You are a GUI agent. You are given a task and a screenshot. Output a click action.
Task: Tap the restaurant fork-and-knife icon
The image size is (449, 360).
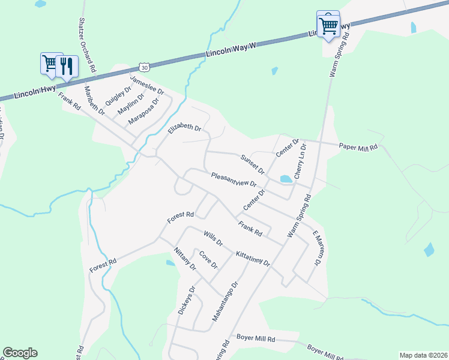coord(68,65)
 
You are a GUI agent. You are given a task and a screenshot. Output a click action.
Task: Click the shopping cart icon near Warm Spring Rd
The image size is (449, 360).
coord(328,26)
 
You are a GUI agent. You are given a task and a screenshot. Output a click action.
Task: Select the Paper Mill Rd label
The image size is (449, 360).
coord(358,146)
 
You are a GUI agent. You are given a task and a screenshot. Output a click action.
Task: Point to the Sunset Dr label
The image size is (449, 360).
coord(252,163)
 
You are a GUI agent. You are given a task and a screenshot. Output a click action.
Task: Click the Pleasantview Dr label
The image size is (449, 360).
coord(234,180)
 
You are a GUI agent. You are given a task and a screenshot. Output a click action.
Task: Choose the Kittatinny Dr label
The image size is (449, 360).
coord(253,259)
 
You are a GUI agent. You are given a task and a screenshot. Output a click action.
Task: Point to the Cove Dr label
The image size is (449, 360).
coord(208,259)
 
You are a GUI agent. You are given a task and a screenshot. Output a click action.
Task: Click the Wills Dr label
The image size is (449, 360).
coord(213,239)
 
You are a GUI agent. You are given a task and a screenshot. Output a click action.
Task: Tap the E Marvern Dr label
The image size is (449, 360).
coord(318,248)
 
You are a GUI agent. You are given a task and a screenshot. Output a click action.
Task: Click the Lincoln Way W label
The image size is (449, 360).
coord(231,49)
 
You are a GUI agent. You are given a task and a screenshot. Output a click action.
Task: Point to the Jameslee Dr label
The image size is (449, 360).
coord(147,84)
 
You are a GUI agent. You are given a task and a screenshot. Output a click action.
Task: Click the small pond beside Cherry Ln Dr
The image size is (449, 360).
coord(286,178)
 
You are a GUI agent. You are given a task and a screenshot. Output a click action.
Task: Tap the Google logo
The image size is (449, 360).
coord(20,353)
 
